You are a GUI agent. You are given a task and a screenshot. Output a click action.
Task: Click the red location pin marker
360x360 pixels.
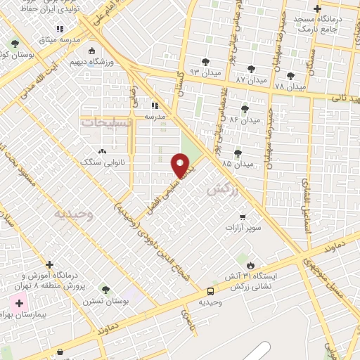click(x=180, y=166)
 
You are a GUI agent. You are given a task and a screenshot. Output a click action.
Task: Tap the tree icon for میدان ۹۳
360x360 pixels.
click(x=205, y=63)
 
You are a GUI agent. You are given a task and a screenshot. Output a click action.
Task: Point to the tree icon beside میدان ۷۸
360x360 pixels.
click(x=291, y=76)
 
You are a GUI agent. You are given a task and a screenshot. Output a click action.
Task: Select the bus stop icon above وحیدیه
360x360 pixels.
click(x=210, y=291)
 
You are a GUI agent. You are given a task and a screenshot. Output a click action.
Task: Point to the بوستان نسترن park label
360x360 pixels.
click(x=105, y=301)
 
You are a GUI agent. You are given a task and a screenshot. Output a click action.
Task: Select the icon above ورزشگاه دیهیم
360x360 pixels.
click(x=91, y=51)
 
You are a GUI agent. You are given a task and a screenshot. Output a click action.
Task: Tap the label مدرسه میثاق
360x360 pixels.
click(x=60, y=39)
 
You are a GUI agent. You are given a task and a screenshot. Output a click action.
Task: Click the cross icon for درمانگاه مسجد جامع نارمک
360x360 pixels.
click(x=317, y=9)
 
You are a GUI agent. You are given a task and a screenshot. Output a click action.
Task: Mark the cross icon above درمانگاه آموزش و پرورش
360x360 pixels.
click(x=49, y=265)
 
